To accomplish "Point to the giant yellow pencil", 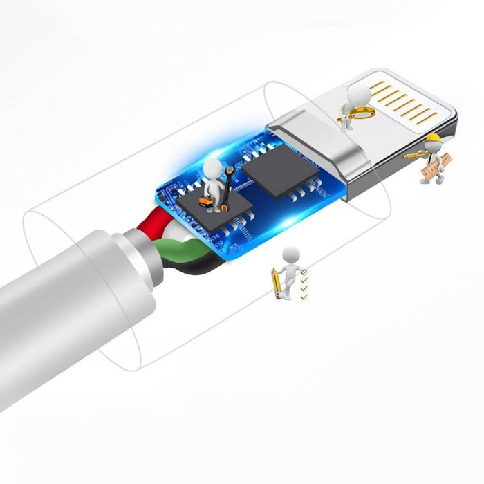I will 277,283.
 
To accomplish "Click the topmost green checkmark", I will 304,272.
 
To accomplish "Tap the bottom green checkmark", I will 304,297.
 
